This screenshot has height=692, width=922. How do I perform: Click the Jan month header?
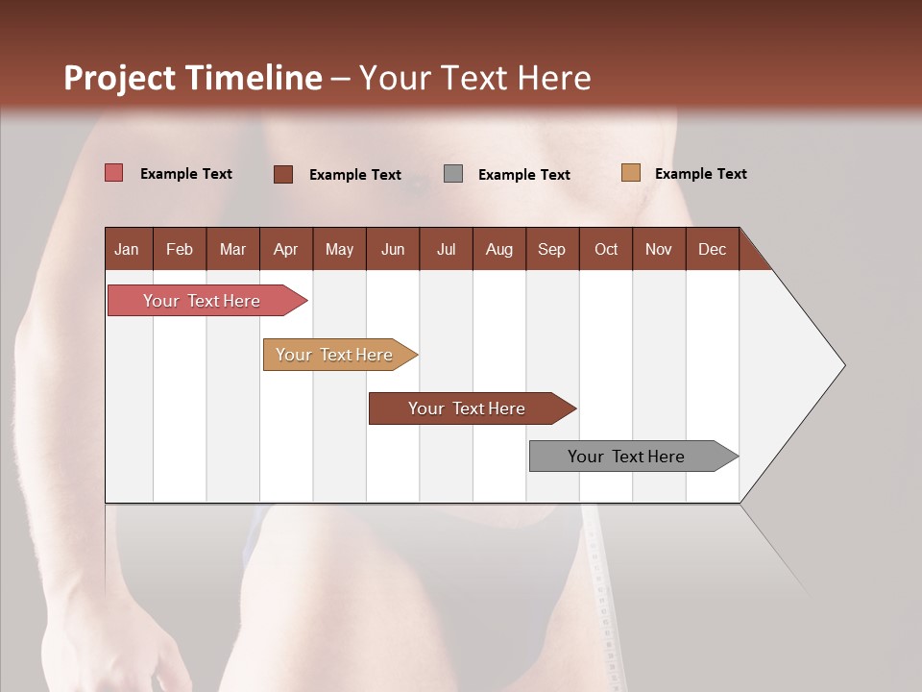(127, 249)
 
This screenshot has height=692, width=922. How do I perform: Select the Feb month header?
(180, 249)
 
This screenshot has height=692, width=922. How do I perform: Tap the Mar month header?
(232, 249)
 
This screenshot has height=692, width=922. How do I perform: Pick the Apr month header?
(286, 249)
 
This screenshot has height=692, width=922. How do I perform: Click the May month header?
(339, 249)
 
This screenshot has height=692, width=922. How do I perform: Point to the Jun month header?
(393, 249)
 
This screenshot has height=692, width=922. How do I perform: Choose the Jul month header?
(446, 249)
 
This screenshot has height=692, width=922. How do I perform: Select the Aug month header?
(498, 249)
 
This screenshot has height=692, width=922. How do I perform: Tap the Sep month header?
(551, 249)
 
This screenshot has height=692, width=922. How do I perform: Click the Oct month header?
(606, 249)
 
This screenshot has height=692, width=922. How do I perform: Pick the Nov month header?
(659, 249)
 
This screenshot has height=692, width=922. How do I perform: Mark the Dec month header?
(712, 249)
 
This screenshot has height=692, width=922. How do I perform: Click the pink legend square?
(113, 173)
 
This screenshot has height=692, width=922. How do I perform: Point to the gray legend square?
(453, 174)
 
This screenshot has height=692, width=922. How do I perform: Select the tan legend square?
(630, 173)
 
